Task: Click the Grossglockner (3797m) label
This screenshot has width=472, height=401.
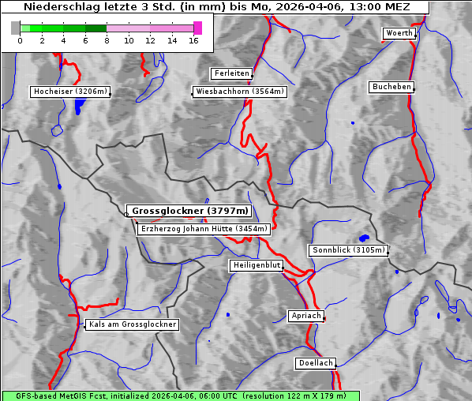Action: pos(189,212)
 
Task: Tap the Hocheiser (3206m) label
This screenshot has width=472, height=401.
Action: pos(70,92)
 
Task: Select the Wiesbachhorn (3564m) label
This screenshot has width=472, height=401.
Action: pos(240,92)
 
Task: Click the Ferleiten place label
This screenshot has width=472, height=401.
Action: pos(232,73)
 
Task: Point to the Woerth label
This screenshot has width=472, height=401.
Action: pos(399,33)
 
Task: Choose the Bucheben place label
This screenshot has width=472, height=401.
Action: pos(391,86)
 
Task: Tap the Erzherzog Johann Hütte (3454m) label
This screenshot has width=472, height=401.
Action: pos(204,229)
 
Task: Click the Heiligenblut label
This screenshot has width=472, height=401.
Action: pos(257,265)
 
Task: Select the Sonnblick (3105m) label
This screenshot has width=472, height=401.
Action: pos(348,250)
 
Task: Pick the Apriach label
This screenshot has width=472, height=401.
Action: pos(306,316)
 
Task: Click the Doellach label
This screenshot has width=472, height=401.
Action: pos(316,363)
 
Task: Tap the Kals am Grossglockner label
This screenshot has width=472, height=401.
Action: pos(132,324)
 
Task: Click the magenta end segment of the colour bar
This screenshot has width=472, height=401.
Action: pos(197,28)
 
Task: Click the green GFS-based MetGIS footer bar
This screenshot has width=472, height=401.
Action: pos(181,395)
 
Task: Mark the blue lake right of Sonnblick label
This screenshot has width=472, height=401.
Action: pos(364,238)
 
